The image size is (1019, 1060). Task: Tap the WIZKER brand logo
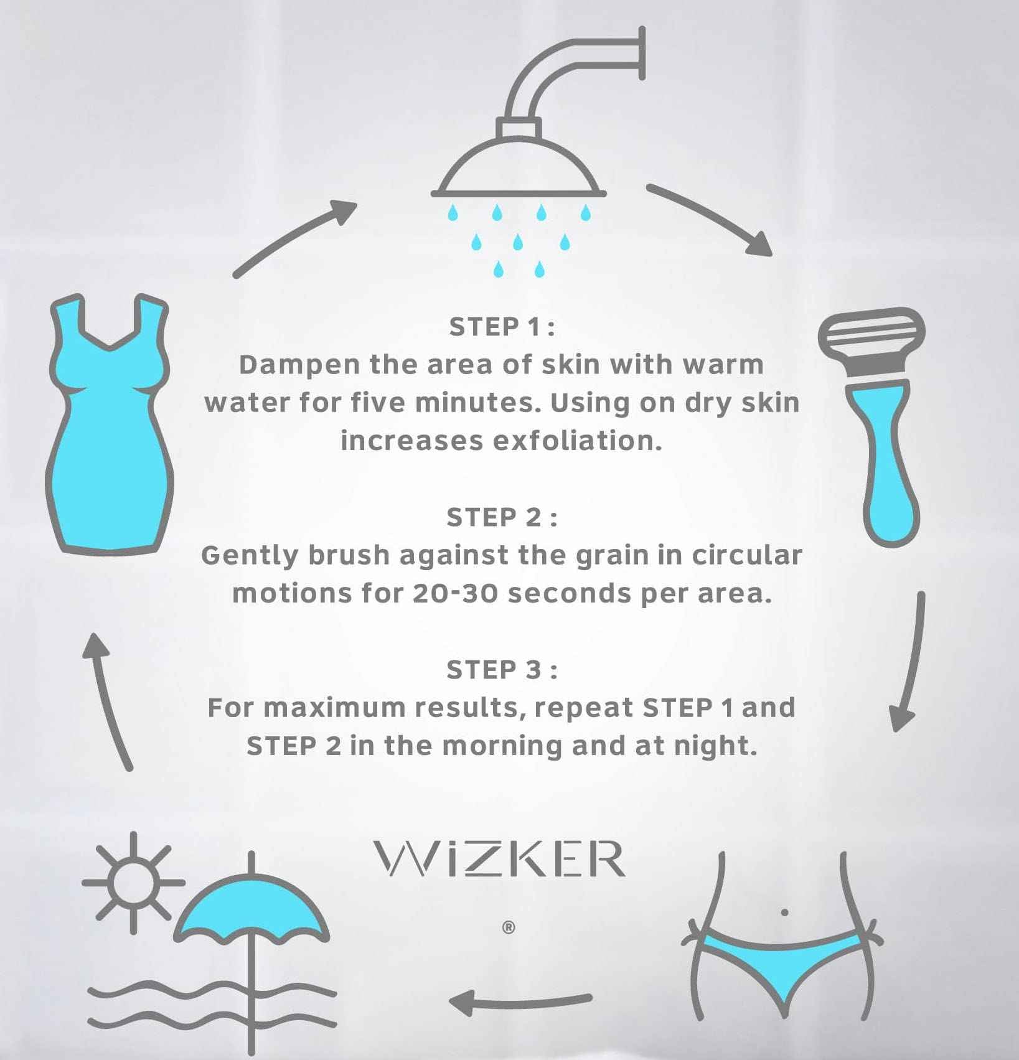click(499, 859)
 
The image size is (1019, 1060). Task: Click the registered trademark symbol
click(508, 928)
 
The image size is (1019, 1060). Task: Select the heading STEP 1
click(502, 327)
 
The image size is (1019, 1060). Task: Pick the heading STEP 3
click(502, 670)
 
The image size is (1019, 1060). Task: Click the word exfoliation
click(577, 441)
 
